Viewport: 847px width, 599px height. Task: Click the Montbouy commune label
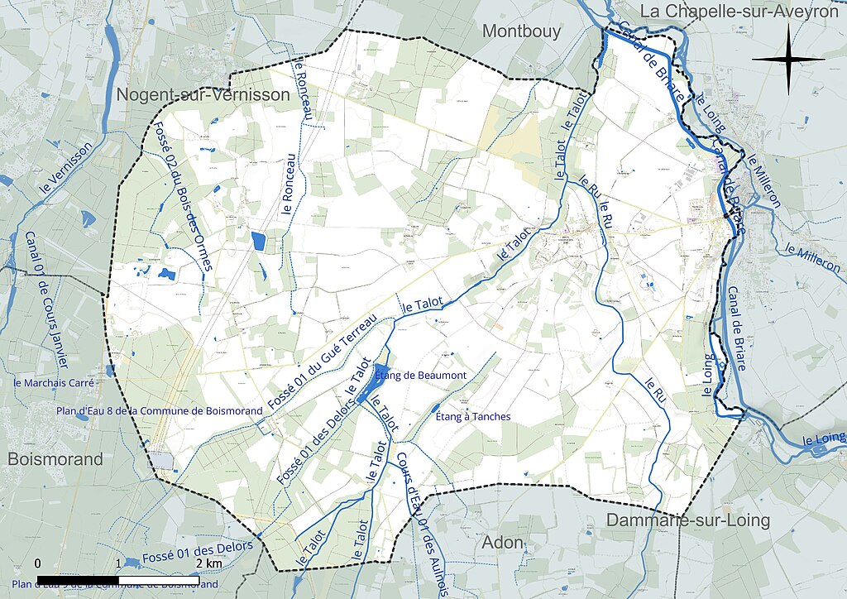(x=521, y=31)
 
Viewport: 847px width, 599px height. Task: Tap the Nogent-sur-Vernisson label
(x=203, y=95)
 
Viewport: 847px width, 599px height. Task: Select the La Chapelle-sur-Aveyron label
(x=740, y=12)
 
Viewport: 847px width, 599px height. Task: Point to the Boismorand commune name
(x=55, y=459)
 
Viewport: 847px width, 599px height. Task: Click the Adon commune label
(x=503, y=543)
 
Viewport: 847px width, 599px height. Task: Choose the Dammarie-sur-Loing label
(x=688, y=521)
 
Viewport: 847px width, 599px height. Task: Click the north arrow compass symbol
(x=787, y=59)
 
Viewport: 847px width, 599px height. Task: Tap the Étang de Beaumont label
(x=421, y=376)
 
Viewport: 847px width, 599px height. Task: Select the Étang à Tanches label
(x=472, y=416)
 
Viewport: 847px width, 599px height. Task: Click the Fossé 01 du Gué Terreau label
(x=323, y=363)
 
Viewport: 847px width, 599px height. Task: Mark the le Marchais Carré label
(x=55, y=383)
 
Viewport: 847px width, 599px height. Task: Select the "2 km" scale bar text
(x=208, y=563)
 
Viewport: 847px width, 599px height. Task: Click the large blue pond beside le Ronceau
(x=258, y=242)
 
